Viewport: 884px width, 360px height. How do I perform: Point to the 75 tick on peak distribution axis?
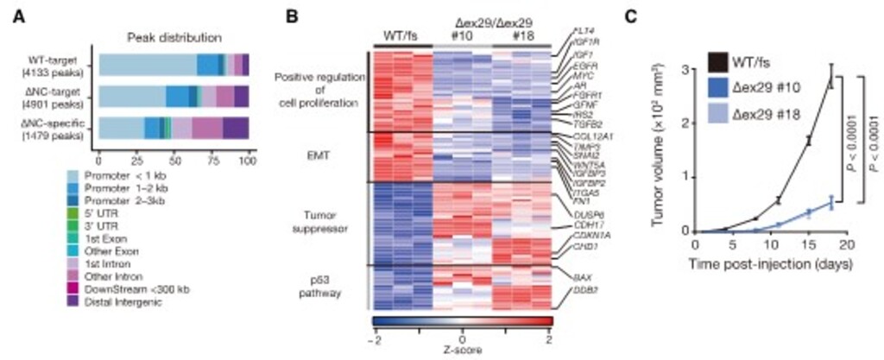pos(211,161)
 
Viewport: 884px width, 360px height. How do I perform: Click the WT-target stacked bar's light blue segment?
pos(147,65)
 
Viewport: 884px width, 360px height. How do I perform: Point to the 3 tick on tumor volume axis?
pos(684,69)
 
